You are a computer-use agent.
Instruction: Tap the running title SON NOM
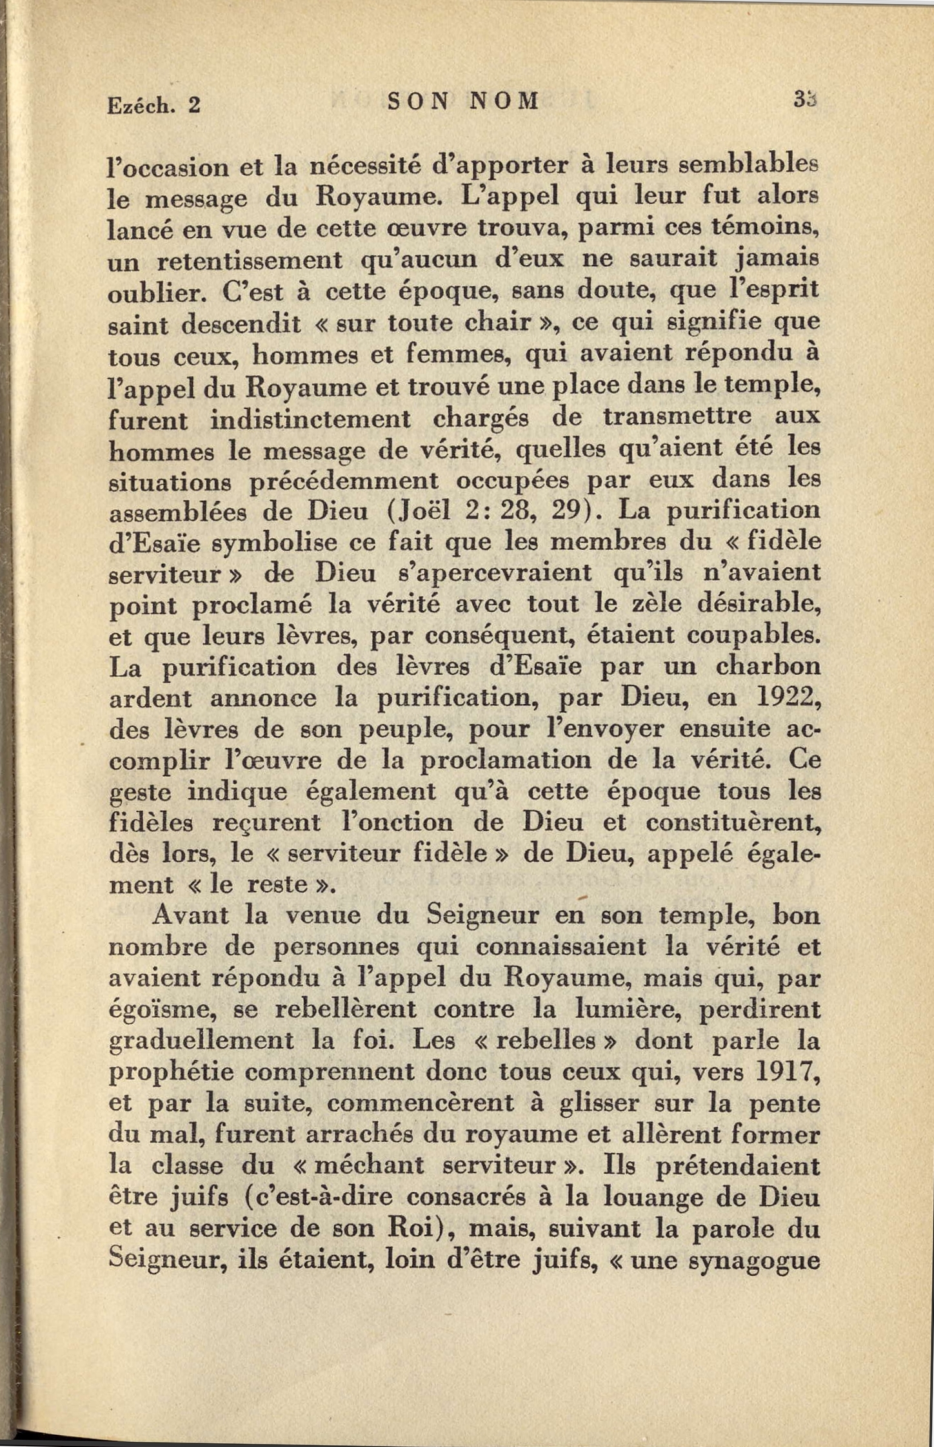463,101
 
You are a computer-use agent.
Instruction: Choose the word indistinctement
310,419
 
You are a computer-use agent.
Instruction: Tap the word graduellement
200,1042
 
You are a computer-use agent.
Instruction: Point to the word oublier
157,293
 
